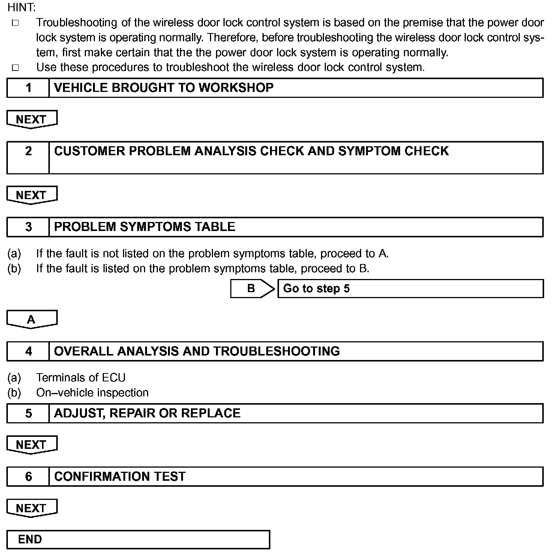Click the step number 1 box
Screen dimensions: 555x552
(28, 88)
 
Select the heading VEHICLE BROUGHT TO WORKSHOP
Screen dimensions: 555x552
(164, 88)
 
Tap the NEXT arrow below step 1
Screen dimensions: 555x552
(31, 119)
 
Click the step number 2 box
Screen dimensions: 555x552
(28, 157)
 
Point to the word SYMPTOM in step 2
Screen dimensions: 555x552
(369, 151)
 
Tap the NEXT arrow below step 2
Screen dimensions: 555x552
(31, 195)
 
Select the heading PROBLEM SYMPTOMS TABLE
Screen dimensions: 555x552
(145, 227)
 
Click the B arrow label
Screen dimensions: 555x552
(252, 288)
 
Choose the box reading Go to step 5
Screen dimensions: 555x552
(410, 288)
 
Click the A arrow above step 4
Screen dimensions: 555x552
(31, 319)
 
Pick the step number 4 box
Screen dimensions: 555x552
(28, 351)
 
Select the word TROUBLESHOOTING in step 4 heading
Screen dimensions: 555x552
(276, 351)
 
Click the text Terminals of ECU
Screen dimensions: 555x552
(81, 378)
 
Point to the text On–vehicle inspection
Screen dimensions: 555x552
(92, 393)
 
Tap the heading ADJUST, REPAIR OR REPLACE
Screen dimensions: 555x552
(147, 413)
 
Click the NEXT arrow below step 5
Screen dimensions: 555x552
(31, 444)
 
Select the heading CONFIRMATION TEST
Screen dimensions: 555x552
(120, 477)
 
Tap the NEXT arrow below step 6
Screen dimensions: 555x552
(31, 508)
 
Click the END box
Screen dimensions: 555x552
(138, 540)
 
